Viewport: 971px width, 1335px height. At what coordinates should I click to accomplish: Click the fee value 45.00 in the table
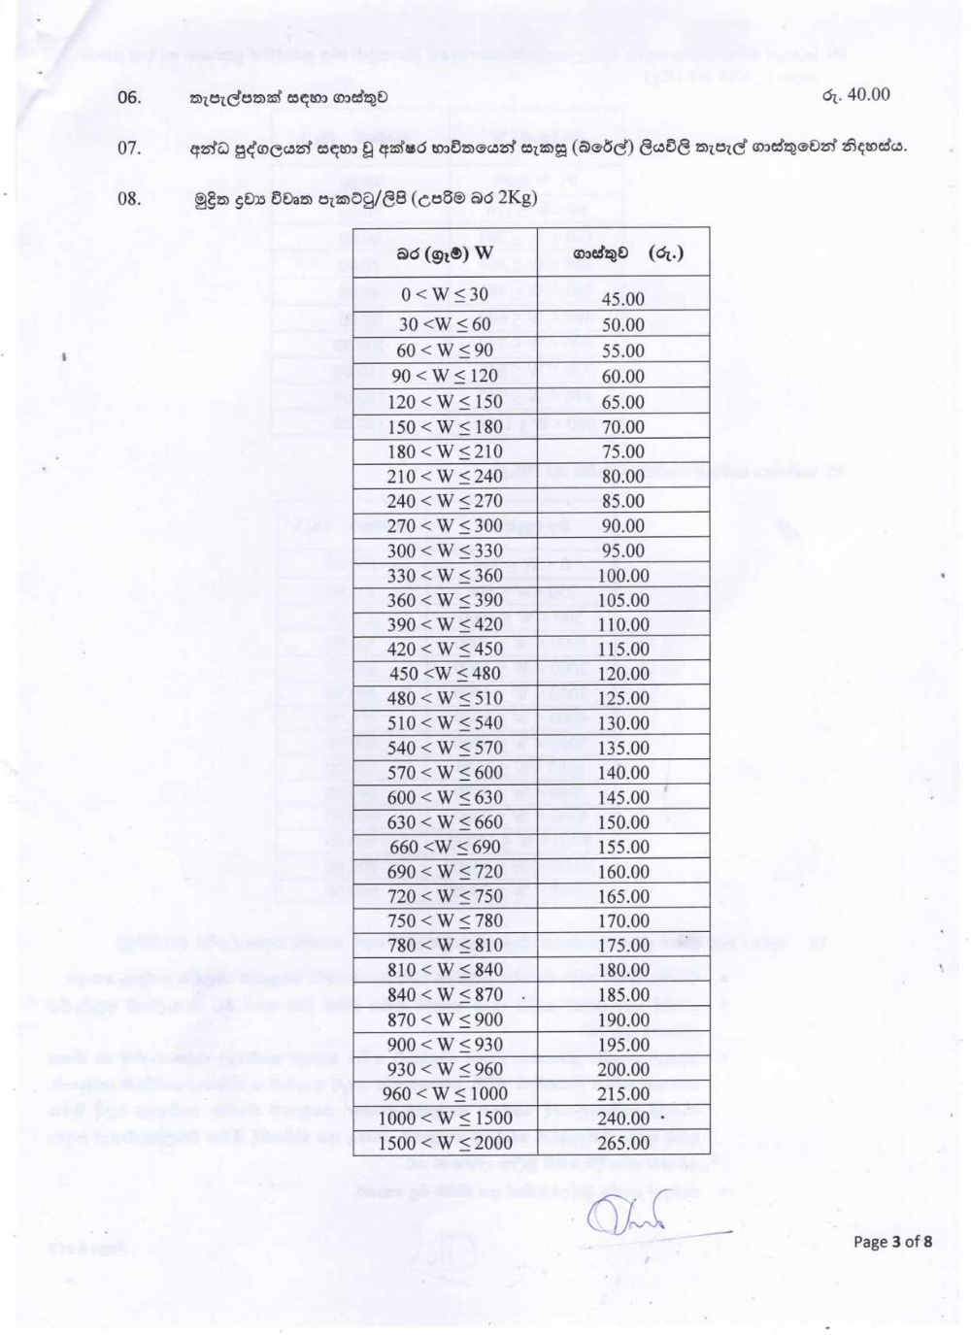point(622,299)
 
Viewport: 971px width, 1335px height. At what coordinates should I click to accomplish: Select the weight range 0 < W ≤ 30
point(445,294)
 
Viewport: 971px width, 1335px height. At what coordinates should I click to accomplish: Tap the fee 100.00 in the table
point(622,576)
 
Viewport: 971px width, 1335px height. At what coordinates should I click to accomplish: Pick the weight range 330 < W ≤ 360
point(445,576)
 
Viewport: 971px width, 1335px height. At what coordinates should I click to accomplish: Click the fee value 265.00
point(622,1144)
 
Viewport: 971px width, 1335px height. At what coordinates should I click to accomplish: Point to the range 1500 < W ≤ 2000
point(445,1143)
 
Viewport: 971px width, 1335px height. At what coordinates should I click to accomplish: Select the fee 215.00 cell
point(622,1094)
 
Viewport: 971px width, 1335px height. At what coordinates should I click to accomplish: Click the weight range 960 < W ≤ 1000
point(445,1093)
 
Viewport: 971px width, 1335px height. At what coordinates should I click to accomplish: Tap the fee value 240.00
point(622,1118)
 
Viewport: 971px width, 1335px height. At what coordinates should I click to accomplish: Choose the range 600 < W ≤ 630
point(445,797)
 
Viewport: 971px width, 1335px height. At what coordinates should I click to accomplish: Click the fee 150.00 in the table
point(622,822)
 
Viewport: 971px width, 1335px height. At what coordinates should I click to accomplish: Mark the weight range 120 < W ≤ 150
point(445,401)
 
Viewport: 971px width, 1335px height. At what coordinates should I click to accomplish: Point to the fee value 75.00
point(622,451)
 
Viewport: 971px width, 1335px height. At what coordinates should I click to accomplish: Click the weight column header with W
point(445,254)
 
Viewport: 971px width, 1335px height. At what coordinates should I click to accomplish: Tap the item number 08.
point(129,199)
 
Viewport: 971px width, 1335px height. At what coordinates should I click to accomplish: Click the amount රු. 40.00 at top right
point(855,95)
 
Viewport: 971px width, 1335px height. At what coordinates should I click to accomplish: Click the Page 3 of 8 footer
point(892,1241)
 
